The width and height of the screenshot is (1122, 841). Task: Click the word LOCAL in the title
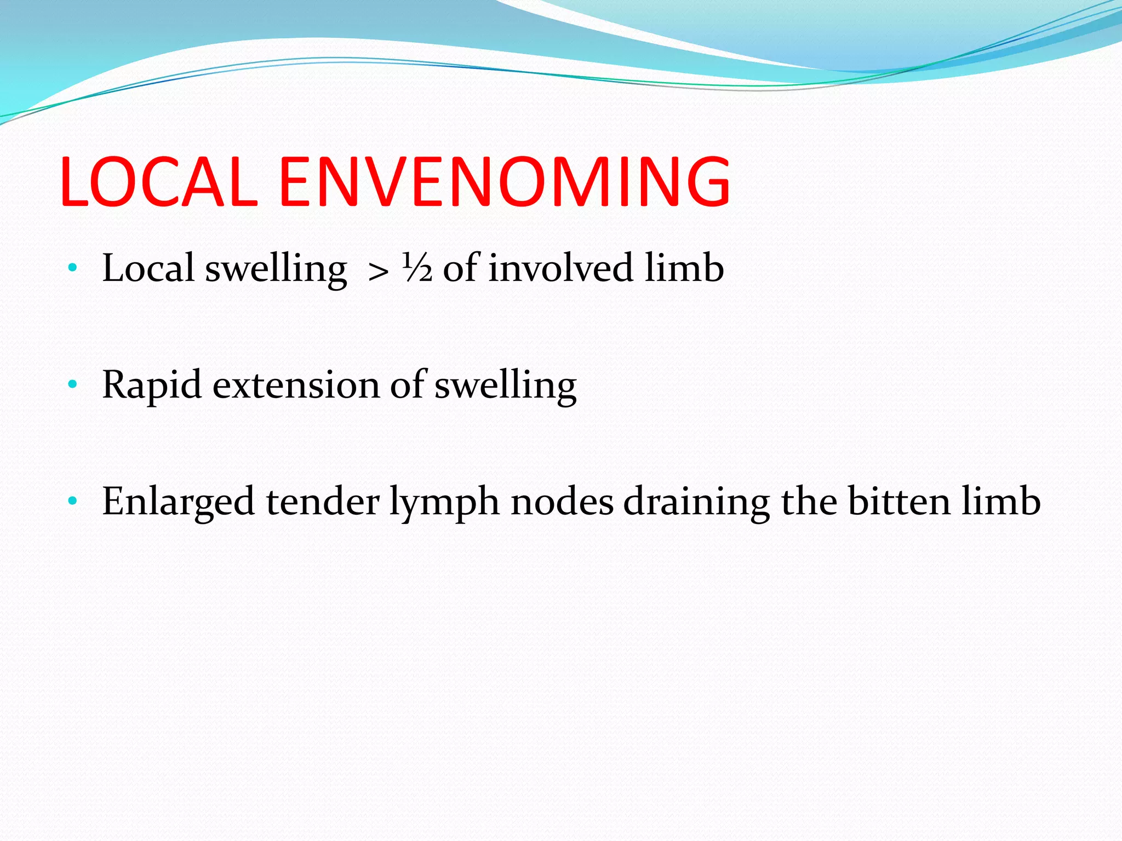(x=159, y=182)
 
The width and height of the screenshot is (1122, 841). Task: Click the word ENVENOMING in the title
(x=505, y=182)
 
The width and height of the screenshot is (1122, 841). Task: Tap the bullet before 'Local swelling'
(x=72, y=268)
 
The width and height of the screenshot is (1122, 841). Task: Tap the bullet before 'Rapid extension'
(x=72, y=385)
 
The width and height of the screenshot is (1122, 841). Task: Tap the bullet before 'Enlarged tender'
(x=72, y=501)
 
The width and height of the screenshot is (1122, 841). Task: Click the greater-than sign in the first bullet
(x=378, y=271)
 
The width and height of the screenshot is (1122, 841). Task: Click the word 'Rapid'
(x=152, y=386)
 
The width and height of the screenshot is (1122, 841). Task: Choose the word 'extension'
(x=296, y=385)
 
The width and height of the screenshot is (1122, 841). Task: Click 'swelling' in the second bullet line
(x=505, y=386)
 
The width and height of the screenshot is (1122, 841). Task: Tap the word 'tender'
(x=322, y=502)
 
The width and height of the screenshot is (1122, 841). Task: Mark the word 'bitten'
(x=899, y=502)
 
